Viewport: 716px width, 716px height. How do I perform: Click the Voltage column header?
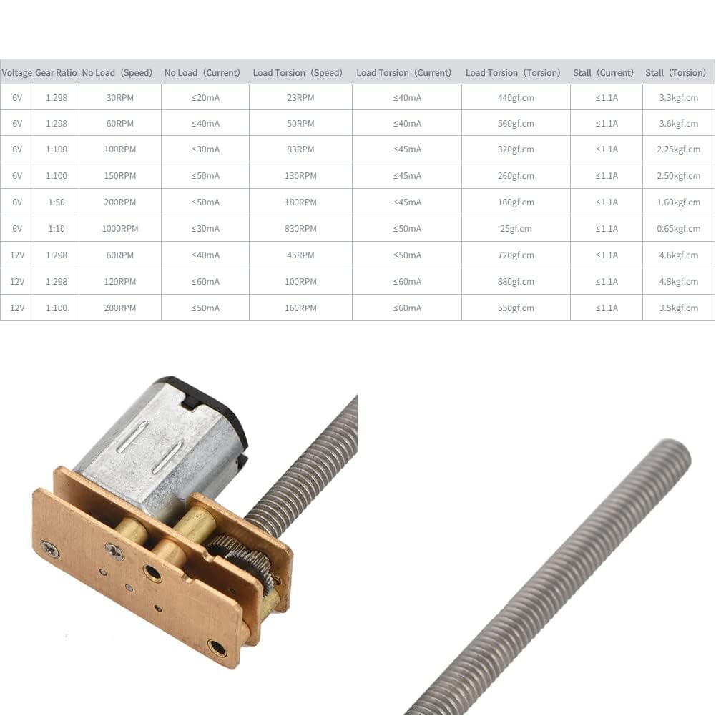(17, 73)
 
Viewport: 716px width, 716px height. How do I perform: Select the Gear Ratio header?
(57, 73)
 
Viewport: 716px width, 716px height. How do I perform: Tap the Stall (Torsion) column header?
(675, 73)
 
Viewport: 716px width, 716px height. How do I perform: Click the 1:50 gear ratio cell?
(57, 202)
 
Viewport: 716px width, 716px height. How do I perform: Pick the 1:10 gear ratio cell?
(57, 228)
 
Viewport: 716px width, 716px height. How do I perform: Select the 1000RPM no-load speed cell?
(119, 228)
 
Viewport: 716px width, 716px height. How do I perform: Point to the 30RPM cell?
(119, 97)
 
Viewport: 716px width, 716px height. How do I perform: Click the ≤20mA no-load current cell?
(205, 97)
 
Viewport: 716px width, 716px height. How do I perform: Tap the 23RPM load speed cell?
(300, 97)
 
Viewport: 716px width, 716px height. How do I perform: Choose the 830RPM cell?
(300, 228)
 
